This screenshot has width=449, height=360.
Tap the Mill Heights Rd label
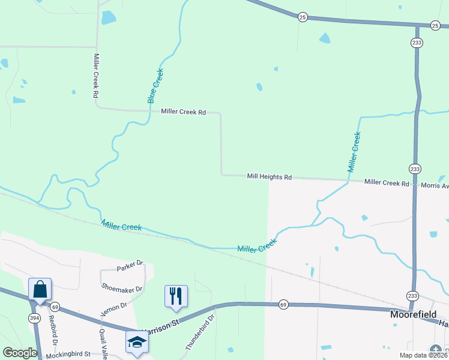[x=269, y=177]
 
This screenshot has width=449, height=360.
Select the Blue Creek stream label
[x=155, y=86]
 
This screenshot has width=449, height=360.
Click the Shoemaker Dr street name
[x=122, y=289]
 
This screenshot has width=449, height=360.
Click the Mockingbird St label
[x=68, y=355]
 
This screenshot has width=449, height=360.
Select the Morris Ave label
[x=435, y=185]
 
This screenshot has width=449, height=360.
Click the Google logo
[x=19, y=353]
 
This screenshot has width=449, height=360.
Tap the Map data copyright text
[x=423, y=355]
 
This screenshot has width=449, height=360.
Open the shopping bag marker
[x=40, y=289]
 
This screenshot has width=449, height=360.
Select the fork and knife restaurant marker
[x=176, y=296]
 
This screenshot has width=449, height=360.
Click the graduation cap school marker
[x=137, y=342]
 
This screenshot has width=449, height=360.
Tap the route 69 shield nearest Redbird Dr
[x=55, y=307]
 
